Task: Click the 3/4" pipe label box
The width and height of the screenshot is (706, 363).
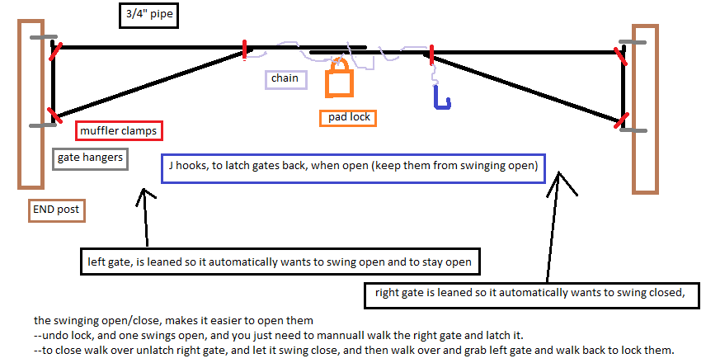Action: [148, 15]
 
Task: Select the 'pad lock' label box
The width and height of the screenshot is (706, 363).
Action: [347, 117]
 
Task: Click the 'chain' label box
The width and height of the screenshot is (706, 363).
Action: [285, 79]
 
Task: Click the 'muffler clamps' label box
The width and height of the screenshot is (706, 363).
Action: [118, 130]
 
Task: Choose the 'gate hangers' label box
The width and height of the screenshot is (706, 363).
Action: [90, 158]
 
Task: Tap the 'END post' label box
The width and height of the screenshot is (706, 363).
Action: [56, 210]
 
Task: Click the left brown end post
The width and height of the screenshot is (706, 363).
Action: [31, 103]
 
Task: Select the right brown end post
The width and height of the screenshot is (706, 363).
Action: [644, 107]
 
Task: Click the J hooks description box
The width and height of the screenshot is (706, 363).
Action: [353, 167]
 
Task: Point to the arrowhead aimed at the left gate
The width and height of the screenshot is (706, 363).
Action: [145, 196]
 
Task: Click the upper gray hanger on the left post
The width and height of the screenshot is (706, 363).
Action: [42, 38]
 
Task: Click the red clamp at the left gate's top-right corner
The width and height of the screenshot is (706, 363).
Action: [245, 49]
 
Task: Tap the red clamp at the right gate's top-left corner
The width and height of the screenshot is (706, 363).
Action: [432, 54]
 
